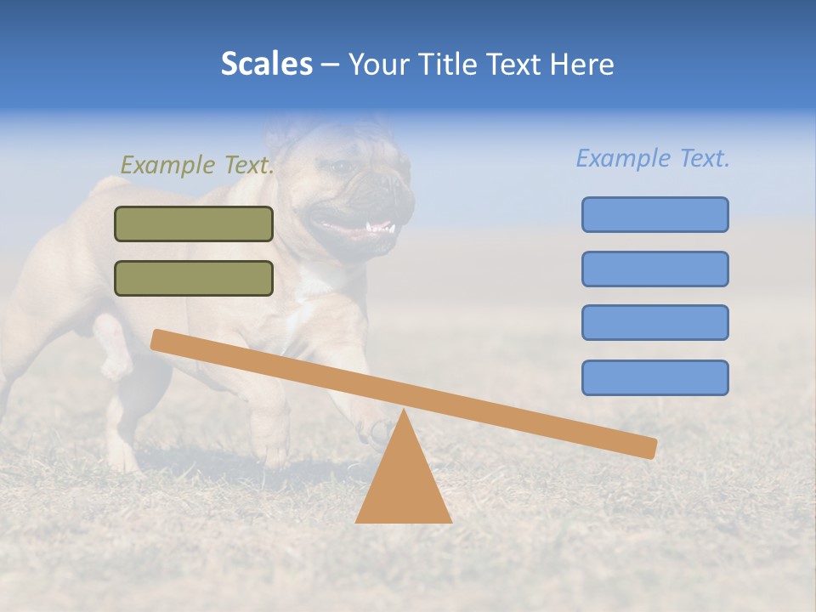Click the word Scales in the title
pyautogui.click(x=267, y=64)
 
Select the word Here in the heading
pyautogui.click(x=581, y=64)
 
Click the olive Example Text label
pyautogui.click(x=197, y=165)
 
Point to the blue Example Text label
pyautogui.click(x=653, y=158)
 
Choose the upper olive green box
pyautogui.click(x=194, y=224)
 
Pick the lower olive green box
pyautogui.click(x=194, y=278)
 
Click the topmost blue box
pyautogui.click(x=654, y=214)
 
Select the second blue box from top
pyautogui.click(x=654, y=269)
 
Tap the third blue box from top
pyautogui.click(x=654, y=322)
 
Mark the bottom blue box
pyautogui.click(x=654, y=377)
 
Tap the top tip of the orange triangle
pyautogui.click(x=403, y=412)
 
